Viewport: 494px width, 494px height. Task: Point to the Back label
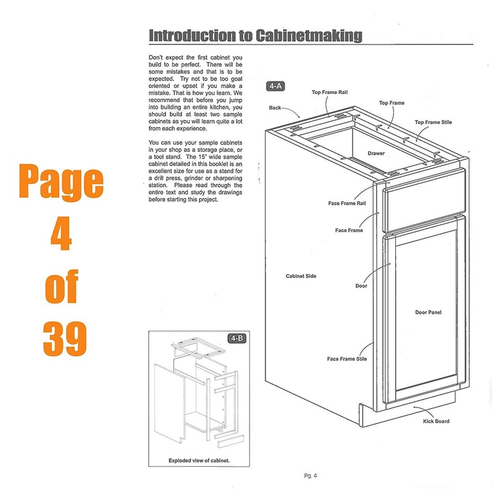(x=275, y=108)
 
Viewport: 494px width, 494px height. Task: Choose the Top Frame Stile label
(x=433, y=122)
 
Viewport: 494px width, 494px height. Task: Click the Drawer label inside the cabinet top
(x=377, y=153)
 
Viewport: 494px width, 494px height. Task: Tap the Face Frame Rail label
(x=348, y=203)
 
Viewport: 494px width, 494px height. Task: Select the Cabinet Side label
(x=301, y=276)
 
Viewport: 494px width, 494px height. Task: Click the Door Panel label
(x=428, y=312)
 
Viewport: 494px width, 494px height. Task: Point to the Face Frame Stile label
(x=347, y=359)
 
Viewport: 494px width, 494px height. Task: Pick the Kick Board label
(x=436, y=421)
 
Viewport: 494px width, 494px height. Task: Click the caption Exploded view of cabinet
(x=199, y=461)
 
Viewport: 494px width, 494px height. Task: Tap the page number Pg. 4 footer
(x=310, y=475)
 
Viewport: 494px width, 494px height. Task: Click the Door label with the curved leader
(x=361, y=286)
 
